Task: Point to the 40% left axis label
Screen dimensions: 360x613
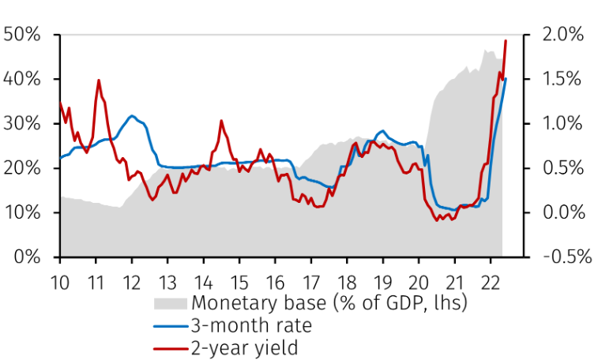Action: [24, 79]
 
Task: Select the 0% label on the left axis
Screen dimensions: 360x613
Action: [28, 257]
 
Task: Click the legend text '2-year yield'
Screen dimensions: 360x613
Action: [245, 347]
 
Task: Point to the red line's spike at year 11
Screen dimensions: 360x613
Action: [99, 80]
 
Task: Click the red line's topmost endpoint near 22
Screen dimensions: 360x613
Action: [506, 40]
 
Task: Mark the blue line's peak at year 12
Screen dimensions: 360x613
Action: [132, 116]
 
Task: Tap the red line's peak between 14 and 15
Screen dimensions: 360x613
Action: [221, 121]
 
